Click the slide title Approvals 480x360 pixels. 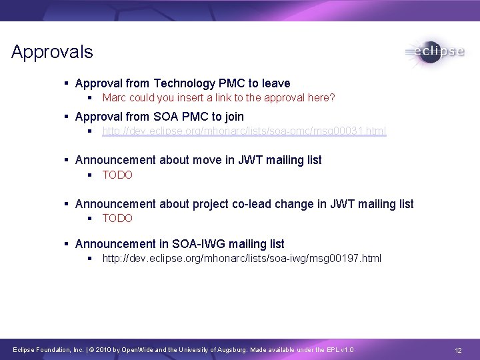pos(52,52)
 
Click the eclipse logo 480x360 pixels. pos(435,52)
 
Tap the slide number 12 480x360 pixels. pos(458,351)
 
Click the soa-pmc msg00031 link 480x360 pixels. pos(244,131)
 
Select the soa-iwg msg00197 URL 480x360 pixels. pos(241,258)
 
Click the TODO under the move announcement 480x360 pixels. pos(117,175)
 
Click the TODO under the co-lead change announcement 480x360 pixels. pos(117,218)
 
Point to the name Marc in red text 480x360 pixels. pos(114,98)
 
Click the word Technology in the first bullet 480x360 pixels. pos(185,83)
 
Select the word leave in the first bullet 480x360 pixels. pos(275,83)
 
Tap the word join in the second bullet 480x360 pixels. pos(234,117)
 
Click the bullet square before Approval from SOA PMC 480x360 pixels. pos(67,117)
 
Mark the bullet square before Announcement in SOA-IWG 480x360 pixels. pos(67,244)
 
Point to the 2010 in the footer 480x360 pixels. pos(105,351)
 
